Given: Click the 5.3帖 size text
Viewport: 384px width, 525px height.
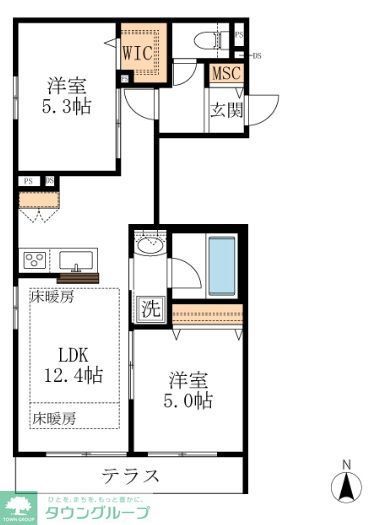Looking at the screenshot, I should pos(67,105).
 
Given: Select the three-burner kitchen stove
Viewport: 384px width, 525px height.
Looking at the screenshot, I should pos(33,261).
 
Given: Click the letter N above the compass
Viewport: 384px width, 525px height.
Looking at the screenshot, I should pos(347,464).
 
